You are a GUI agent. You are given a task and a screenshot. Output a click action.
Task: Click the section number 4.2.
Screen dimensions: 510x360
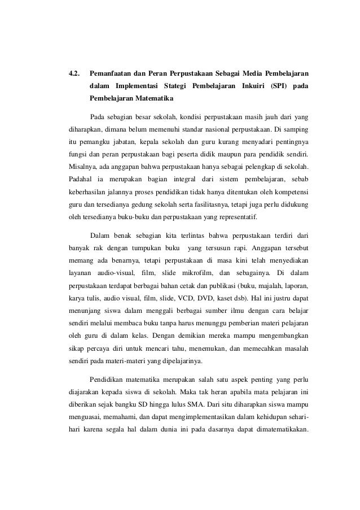click(x=74, y=73)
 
